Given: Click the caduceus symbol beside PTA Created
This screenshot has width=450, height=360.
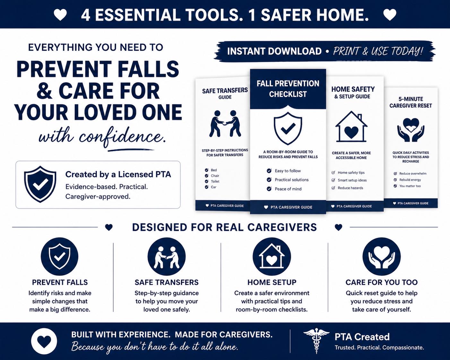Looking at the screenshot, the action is coord(316,340).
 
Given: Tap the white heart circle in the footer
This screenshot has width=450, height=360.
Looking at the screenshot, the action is coord(44,341).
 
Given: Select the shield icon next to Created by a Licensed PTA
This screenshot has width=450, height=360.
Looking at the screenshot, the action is coord(40,184).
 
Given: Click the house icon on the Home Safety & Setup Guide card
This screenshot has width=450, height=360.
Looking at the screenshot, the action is coord(351,127).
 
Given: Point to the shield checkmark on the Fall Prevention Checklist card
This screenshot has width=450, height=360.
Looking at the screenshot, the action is coord(288,128).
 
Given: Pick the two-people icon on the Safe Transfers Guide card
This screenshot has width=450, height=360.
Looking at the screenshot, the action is coord(225,124).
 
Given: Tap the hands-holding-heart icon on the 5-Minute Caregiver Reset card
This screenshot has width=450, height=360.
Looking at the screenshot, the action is coord(411,130).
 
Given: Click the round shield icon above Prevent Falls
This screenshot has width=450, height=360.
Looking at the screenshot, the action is coord(60,256).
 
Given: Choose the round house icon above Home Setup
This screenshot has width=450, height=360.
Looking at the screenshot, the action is coord(272,256).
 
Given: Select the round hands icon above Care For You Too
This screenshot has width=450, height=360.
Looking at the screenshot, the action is coord(382,256).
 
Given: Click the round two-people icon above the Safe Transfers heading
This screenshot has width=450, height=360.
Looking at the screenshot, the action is coord(167,256).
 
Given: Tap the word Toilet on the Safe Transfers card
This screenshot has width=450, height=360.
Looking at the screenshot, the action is coord(215,182).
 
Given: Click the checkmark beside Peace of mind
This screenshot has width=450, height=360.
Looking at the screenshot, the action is coord(269,189).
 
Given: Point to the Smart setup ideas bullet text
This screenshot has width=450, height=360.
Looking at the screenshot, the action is coord(352,180).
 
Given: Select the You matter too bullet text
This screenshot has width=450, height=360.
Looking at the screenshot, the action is coord(410,186).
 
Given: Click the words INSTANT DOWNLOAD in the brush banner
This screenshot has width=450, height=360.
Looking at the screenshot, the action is coord(274,51).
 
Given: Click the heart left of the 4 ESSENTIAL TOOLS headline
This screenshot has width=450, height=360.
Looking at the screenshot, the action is coord(60,15).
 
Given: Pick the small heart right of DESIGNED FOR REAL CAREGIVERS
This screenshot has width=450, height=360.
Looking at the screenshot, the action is coord(339,227).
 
